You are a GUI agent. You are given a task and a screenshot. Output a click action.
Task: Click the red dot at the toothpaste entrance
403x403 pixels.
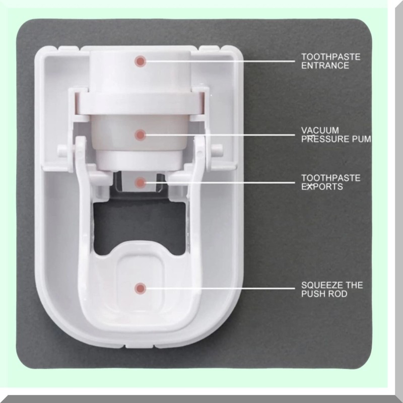tap(140, 61)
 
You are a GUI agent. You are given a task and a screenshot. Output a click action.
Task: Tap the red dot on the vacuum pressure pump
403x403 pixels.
tap(141, 135)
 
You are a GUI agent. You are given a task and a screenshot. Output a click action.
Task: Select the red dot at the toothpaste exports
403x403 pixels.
tap(141, 181)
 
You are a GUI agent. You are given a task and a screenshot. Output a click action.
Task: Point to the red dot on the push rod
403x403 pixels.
tap(140, 288)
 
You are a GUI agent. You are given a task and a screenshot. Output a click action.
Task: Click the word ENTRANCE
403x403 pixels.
tap(325, 66)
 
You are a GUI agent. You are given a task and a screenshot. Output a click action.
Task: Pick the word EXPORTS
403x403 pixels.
tap(322, 187)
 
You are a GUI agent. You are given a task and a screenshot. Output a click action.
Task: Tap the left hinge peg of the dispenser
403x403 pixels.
tap(62, 149)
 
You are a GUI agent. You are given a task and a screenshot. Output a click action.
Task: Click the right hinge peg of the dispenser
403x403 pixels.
tap(217, 149)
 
